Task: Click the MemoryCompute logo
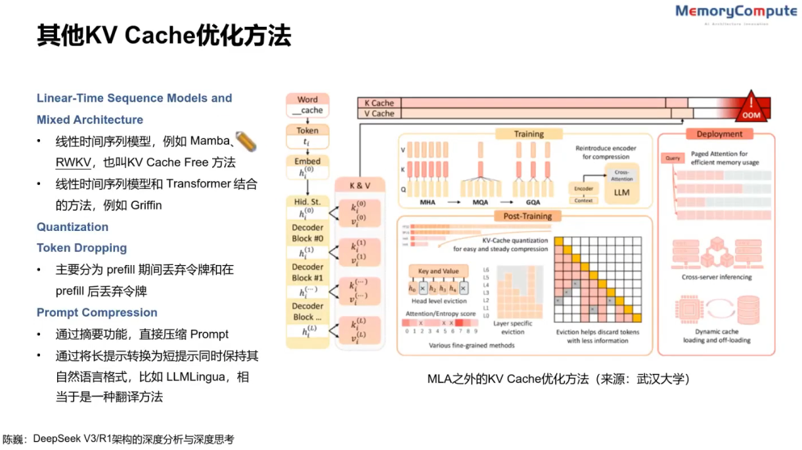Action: (x=736, y=13)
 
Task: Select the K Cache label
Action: (x=379, y=103)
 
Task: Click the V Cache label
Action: (x=379, y=113)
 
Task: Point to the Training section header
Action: (x=529, y=134)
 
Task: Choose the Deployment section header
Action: (x=719, y=134)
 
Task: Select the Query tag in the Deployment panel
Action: (x=673, y=158)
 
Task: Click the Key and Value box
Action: (x=438, y=271)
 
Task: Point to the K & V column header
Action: (x=358, y=186)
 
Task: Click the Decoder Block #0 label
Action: (x=307, y=234)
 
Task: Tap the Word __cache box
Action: (x=307, y=105)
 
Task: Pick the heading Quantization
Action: (x=72, y=227)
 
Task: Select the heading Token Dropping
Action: (x=81, y=248)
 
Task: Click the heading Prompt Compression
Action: (x=97, y=312)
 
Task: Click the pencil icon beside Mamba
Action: (x=245, y=141)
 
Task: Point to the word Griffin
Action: (x=142, y=205)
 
